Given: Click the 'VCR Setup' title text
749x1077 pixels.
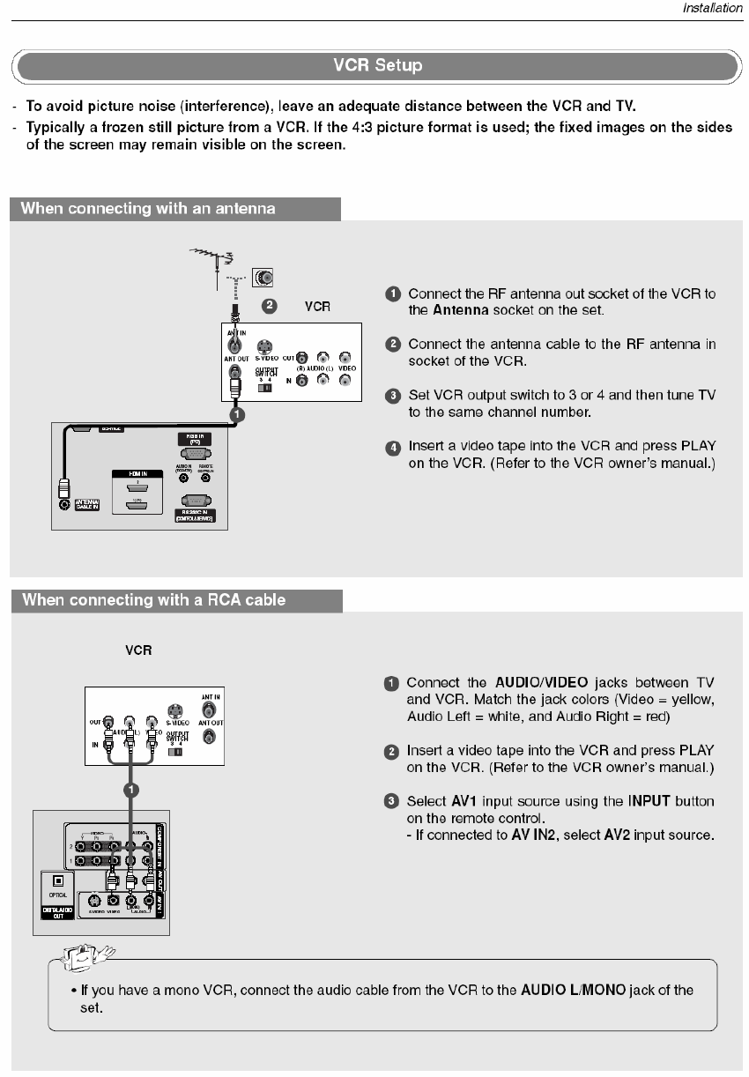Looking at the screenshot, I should coord(377,66).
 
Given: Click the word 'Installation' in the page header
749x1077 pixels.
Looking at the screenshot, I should coord(712,9).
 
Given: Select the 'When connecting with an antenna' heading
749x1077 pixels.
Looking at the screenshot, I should coord(148,209).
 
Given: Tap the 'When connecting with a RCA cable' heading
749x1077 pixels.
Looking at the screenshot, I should coord(153,600).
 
